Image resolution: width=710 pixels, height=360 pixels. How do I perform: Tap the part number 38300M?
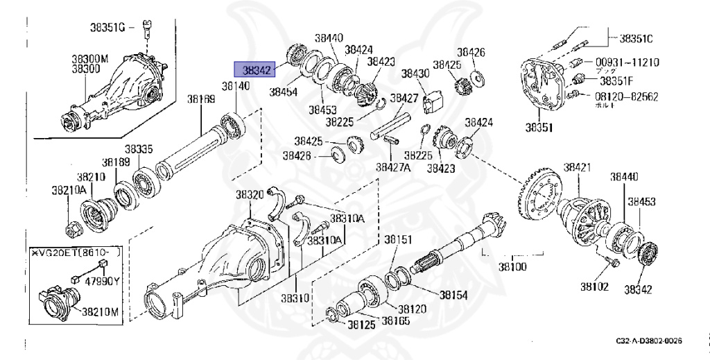coord(90,60)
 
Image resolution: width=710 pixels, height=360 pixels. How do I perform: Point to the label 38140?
coord(235,86)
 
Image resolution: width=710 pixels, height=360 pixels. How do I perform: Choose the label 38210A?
coord(69,189)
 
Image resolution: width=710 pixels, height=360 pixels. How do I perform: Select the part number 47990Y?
coord(106,281)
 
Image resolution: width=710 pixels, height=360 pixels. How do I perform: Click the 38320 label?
coord(250,194)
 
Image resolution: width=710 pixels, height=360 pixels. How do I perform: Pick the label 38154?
coord(453,295)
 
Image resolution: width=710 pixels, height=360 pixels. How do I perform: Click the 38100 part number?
coord(513,266)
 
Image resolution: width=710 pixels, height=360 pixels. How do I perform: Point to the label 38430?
coord(416,73)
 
